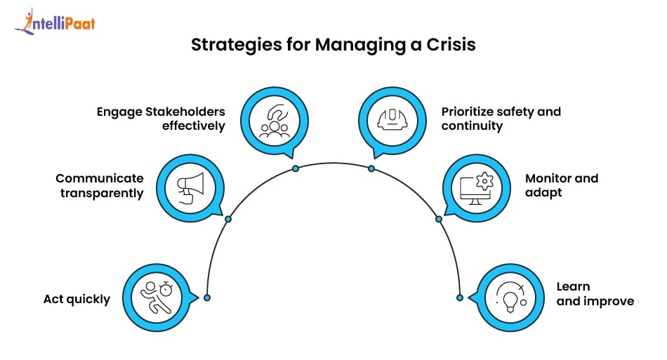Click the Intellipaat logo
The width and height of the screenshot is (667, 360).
[54, 22]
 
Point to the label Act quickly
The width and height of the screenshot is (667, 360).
[77, 300]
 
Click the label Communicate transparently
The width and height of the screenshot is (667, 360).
[100, 185]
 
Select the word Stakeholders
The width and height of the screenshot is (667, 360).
[192, 112]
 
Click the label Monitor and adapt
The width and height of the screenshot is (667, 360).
[561, 185]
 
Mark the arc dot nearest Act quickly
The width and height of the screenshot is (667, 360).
[207, 298]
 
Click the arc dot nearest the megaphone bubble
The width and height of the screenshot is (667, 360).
[227, 219]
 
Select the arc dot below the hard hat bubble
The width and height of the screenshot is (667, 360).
[371, 168]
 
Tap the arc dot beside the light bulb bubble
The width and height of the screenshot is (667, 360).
[460, 298]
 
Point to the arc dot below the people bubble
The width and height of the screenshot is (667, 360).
[296, 168]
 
